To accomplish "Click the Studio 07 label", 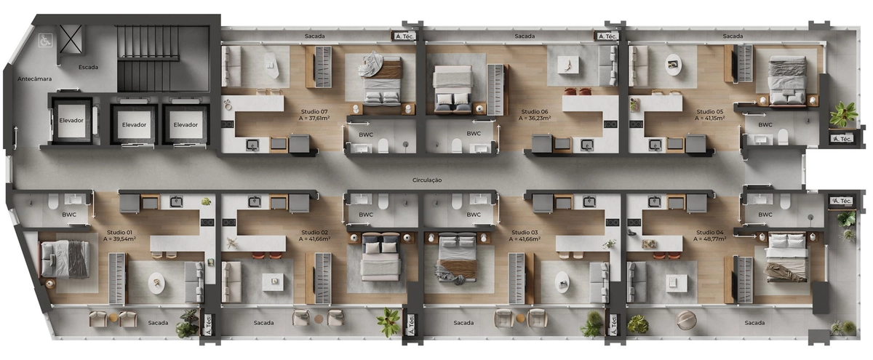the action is coord(314,112).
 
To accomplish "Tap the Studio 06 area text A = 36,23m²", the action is coord(534,118).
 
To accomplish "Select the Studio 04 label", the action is coord(710,232).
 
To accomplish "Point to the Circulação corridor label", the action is coord(427,180).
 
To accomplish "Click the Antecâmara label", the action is coord(35,79).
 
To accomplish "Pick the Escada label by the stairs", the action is coord(88,67).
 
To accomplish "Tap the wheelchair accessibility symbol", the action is coord(44,40).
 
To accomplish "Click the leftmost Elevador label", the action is coord(71,121).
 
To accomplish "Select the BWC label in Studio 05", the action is coord(765,124).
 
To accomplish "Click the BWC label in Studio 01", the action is coord(69,215).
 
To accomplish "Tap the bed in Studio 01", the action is coord(64,259).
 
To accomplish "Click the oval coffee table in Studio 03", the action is coord(562,281).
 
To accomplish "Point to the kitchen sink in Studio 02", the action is coord(255,202).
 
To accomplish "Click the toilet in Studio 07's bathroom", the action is coord(383,146).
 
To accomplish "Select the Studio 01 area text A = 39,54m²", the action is coord(119,239).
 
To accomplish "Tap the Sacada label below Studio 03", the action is coord(463,323).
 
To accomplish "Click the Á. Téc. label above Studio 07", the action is coord(404,36).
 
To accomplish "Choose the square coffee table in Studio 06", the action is coord(567,65).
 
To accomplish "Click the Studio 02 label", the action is coord(314,232).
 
